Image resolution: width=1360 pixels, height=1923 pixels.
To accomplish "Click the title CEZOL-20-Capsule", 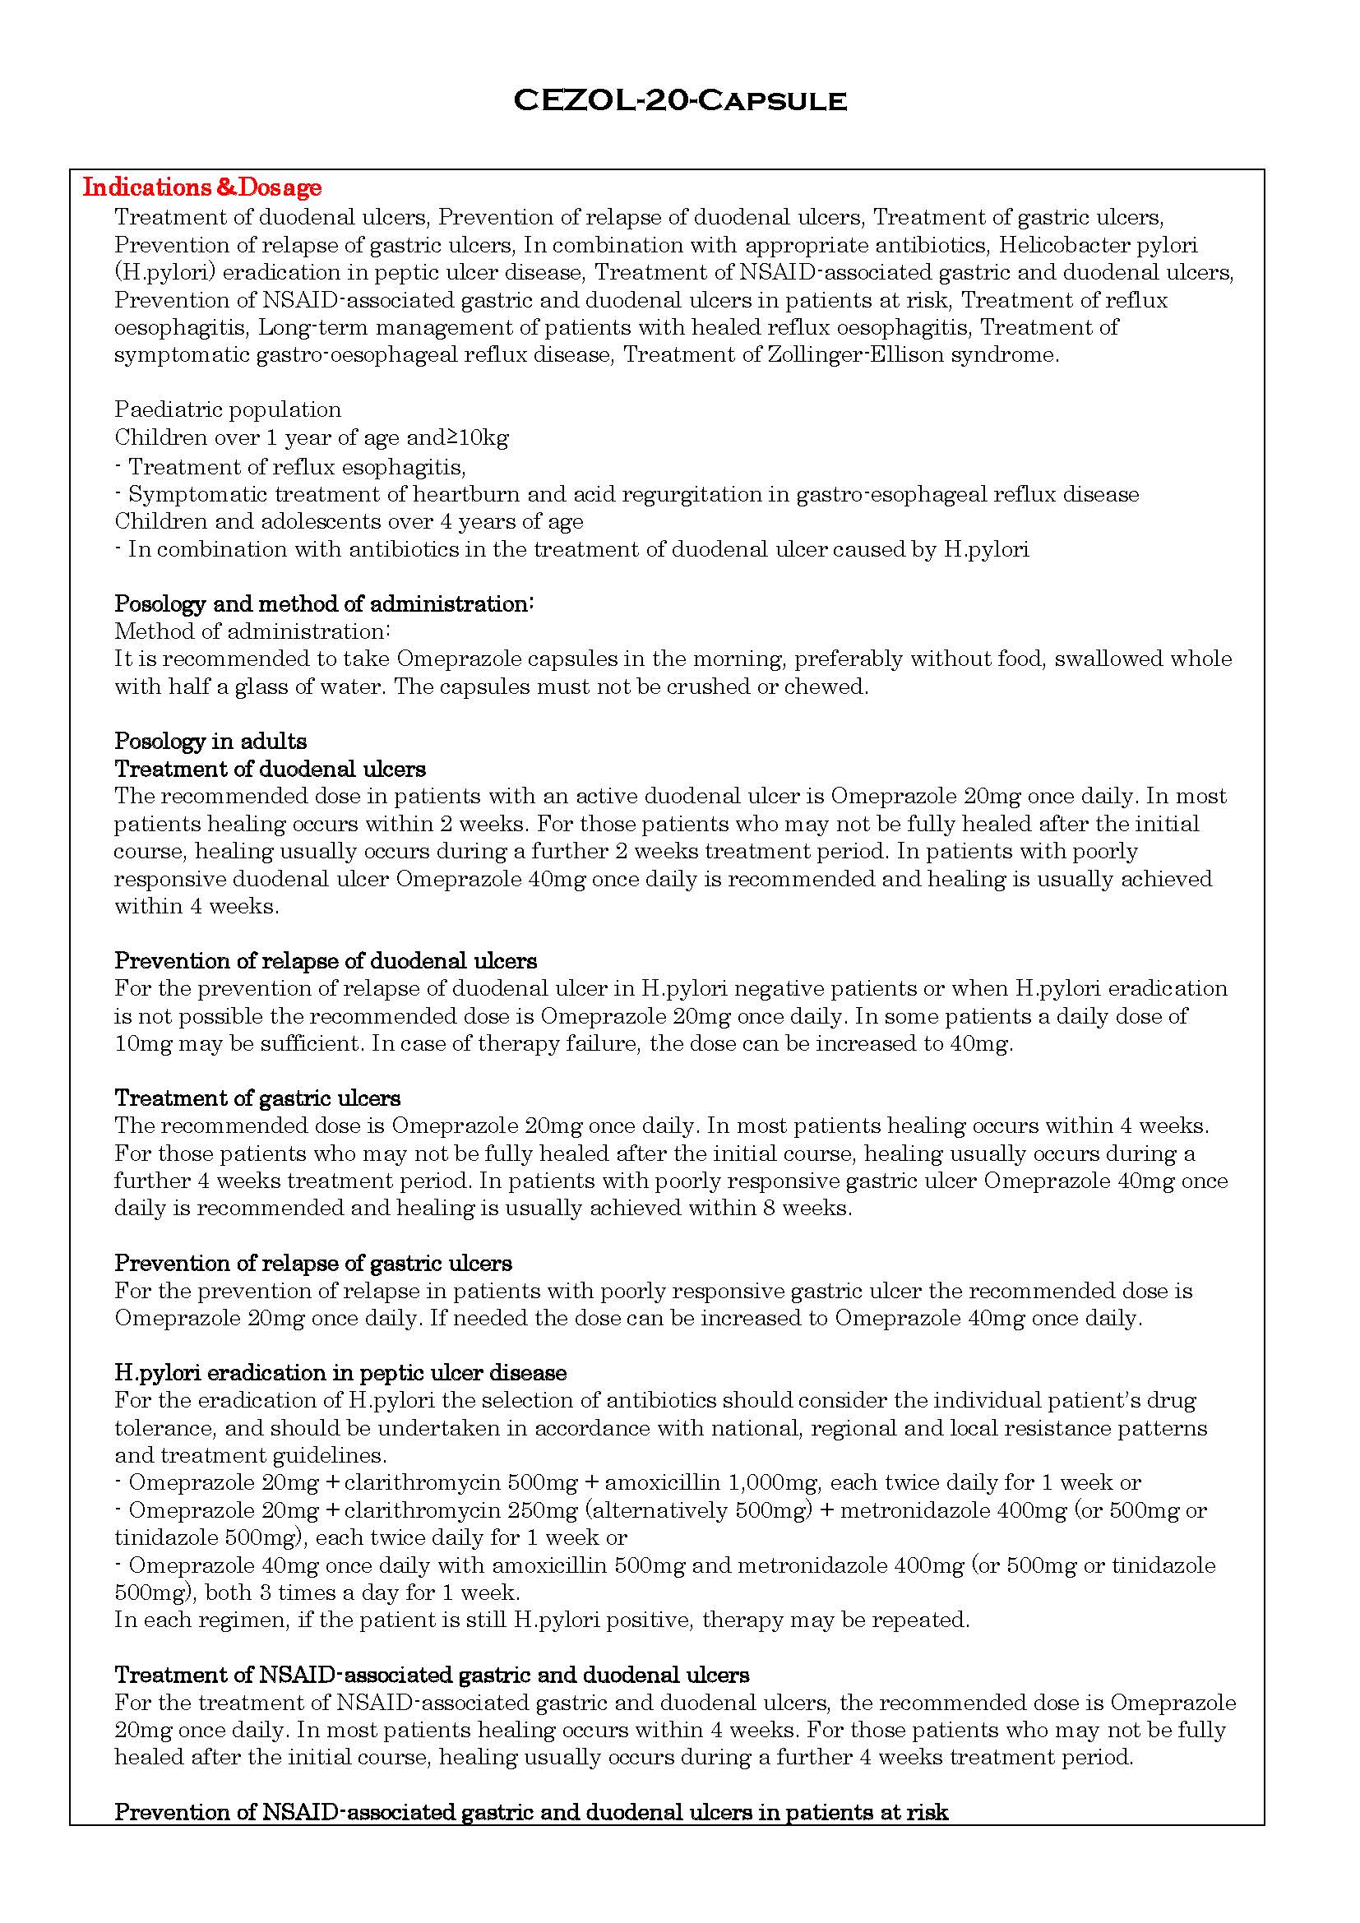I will [x=679, y=100].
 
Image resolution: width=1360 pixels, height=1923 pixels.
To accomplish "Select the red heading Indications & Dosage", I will [x=201, y=187].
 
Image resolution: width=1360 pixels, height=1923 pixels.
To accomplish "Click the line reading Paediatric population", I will [x=228, y=409].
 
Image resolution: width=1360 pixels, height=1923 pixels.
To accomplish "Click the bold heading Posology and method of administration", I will [x=323, y=604].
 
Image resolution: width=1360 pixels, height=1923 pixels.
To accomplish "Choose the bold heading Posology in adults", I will [x=210, y=742].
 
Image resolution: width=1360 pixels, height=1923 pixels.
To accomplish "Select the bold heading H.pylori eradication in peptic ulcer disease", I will [x=340, y=1373].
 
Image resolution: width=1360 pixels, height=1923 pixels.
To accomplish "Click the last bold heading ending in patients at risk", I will [x=530, y=1814].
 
